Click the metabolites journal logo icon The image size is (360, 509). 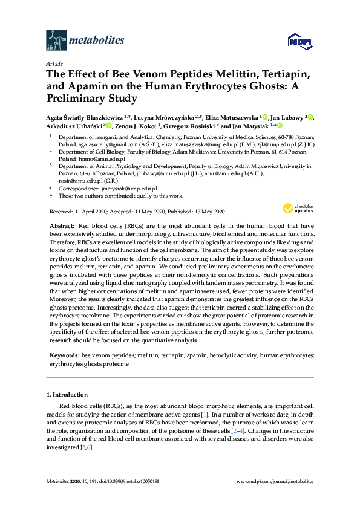[56, 41]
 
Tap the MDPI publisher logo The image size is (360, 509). [301, 41]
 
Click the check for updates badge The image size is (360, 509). [298, 209]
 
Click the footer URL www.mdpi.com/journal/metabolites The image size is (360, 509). [274, 480]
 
